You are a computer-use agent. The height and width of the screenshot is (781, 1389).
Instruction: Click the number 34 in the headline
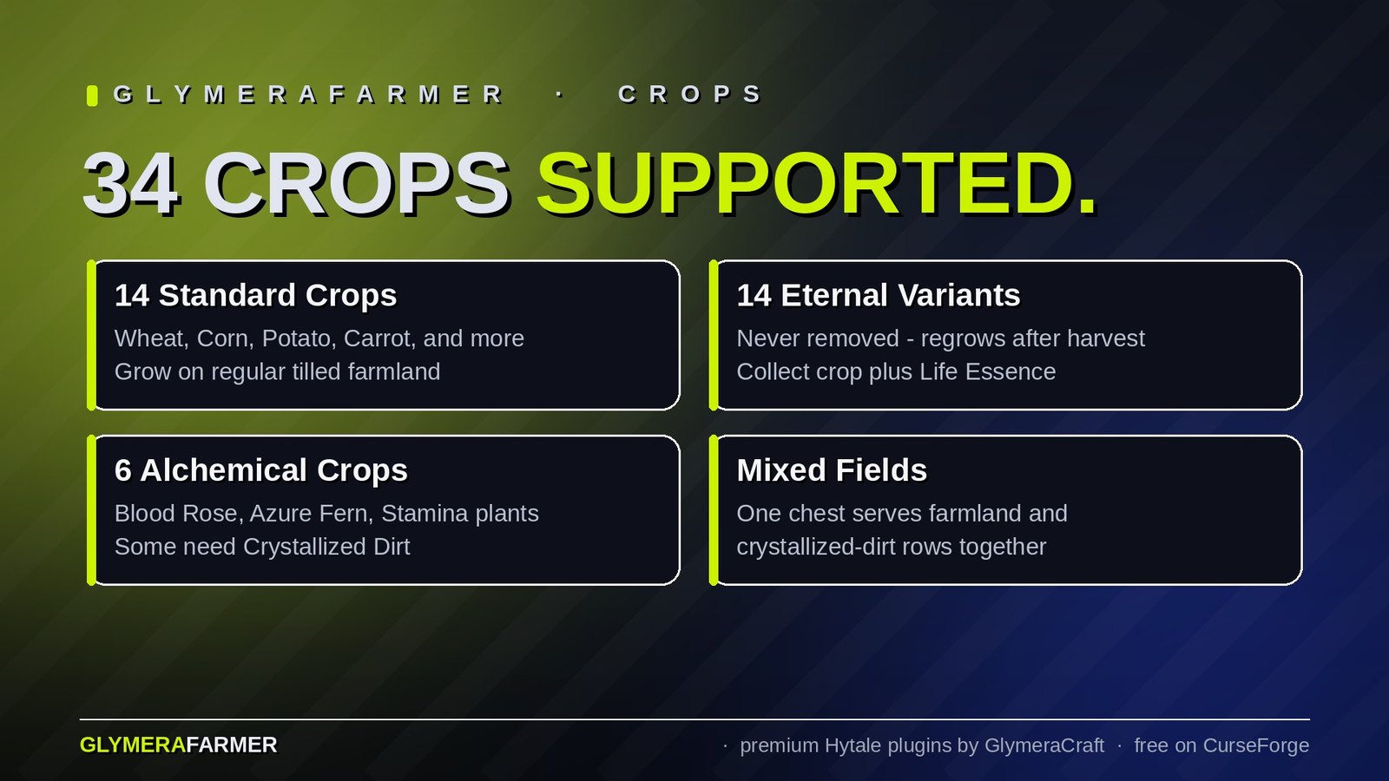[x=131, y=184]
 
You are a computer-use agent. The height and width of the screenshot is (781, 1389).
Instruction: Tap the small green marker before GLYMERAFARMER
[x=92, y=96]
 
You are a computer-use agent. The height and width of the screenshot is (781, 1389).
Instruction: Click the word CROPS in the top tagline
[x=690, y=95]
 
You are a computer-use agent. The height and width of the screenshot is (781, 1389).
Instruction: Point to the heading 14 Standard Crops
[x=255, y=296]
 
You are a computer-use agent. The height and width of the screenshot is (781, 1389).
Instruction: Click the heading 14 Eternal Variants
[x=878, y=296]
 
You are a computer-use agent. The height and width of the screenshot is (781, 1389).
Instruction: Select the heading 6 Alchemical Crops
[x=261, y=470]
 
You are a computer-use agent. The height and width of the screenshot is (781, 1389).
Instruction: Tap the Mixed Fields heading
[x=832, y=470]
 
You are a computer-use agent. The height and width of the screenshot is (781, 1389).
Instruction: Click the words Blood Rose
[x=177, y=514]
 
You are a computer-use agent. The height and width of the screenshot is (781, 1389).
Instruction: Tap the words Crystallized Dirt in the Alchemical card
[x=326, y=548]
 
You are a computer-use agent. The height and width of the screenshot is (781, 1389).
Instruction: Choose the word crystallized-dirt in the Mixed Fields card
[x=820, y=548]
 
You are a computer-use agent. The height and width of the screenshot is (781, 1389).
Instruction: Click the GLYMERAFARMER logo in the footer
[x=179, y=745]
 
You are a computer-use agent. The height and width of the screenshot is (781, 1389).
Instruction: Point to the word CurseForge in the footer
[x=1255, y=745]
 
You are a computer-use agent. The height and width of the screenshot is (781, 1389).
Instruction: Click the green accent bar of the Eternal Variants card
[x=713, y=335]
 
